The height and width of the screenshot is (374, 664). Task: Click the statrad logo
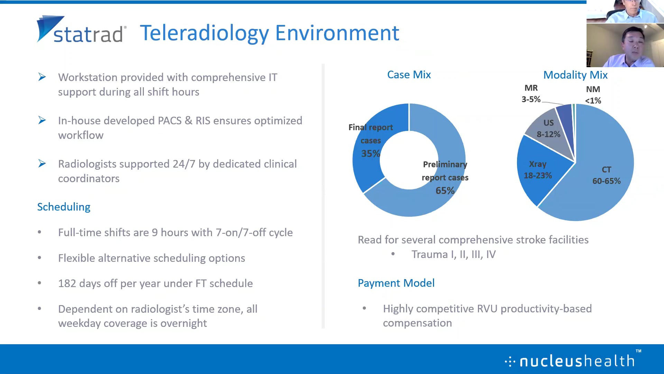tap(81, 29)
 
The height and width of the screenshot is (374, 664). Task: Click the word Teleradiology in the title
tap(204, 33)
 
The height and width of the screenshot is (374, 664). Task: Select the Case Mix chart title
tap(409, 74)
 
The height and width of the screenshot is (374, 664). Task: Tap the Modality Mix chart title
tap(575, 75)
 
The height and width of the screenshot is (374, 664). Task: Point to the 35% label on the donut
tap(370, 153)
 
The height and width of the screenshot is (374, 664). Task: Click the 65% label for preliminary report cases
tap(445, 190)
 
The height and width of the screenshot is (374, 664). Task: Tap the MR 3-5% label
tap(531, 93)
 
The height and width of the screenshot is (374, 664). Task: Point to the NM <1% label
tap(593, 95)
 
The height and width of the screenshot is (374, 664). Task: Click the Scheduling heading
tap(64, 207)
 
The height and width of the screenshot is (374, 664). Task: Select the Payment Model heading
tap(396, 283)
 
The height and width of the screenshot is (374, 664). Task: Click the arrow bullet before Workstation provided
tap(42, 77)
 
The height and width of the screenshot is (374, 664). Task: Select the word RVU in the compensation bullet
tap(487, 309)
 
